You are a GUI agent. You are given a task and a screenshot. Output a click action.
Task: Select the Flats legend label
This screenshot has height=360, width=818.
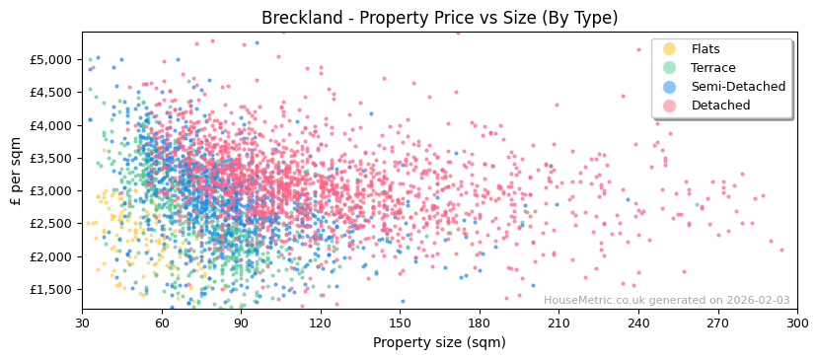point(706,49)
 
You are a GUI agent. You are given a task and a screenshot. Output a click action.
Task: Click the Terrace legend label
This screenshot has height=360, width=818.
point(711,68)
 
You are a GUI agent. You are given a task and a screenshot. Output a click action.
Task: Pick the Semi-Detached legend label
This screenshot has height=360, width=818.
point(738,87)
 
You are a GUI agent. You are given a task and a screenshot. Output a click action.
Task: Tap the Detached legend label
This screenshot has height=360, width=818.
point(720,106)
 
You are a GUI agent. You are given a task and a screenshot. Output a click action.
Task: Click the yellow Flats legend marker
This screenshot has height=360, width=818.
point(670,49)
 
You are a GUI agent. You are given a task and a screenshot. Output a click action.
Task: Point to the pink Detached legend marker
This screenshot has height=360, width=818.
point(670,106)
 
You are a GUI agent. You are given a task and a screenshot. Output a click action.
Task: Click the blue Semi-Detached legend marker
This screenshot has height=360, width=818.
point(670,87)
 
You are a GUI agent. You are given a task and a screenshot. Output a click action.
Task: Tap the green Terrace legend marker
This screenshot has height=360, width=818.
point(670,68)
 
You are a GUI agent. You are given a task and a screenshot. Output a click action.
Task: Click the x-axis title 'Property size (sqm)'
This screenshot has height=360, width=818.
point(439,343)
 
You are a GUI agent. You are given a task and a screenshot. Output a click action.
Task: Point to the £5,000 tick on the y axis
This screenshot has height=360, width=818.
point(51,59)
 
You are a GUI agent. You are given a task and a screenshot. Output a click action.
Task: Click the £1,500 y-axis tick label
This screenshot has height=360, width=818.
point(51,289)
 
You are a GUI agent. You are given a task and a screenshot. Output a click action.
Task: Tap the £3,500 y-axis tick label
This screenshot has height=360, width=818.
point(51,158)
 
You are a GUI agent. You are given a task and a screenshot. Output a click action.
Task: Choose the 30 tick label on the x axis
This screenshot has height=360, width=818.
point(82,323)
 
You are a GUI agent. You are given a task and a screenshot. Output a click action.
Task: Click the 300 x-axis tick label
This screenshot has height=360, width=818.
point(797,323)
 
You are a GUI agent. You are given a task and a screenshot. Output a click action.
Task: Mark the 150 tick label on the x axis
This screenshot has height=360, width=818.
point(400,323)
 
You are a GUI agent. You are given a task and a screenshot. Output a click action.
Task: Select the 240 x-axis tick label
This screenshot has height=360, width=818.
point(638,323)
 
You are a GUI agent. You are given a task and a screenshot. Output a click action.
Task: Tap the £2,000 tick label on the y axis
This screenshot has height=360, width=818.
point(51,256)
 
